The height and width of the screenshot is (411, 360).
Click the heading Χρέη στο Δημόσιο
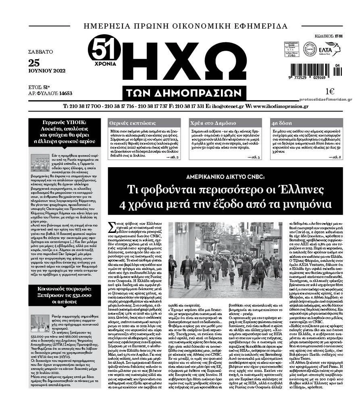209,123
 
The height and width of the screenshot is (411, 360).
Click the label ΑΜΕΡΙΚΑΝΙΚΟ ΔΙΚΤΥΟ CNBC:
225,176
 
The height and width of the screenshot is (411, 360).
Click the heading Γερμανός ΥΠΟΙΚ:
65,122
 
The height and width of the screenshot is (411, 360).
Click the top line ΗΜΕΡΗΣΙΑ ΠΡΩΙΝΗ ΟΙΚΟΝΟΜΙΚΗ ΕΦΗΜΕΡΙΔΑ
185,26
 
